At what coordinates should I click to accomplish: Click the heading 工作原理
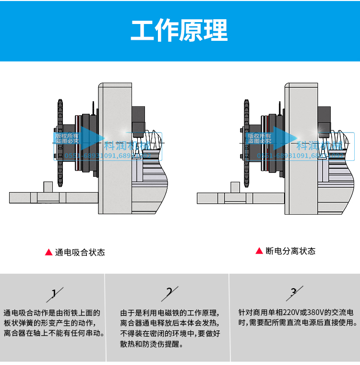(180, 30)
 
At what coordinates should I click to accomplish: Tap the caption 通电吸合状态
(80, 252)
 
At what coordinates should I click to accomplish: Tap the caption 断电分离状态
(290, 251)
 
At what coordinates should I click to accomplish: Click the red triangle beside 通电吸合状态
(48, 252)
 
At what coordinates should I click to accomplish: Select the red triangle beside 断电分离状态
(259, 251)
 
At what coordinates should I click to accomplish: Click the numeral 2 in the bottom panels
(169, 292)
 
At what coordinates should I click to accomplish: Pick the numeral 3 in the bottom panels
(294, 292)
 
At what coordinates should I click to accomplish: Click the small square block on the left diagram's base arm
(48, 187)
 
